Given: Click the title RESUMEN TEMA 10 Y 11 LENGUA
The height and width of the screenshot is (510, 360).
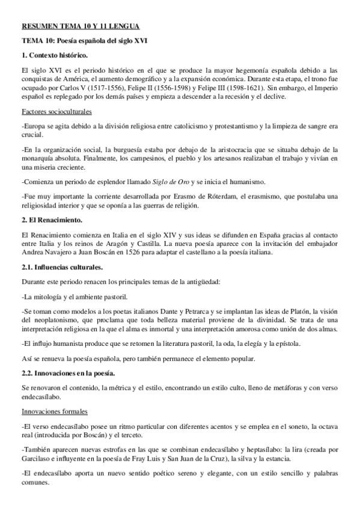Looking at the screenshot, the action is [x=81, y=26].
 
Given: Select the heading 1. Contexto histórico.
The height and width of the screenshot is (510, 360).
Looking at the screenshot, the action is [x=54, y=55].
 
